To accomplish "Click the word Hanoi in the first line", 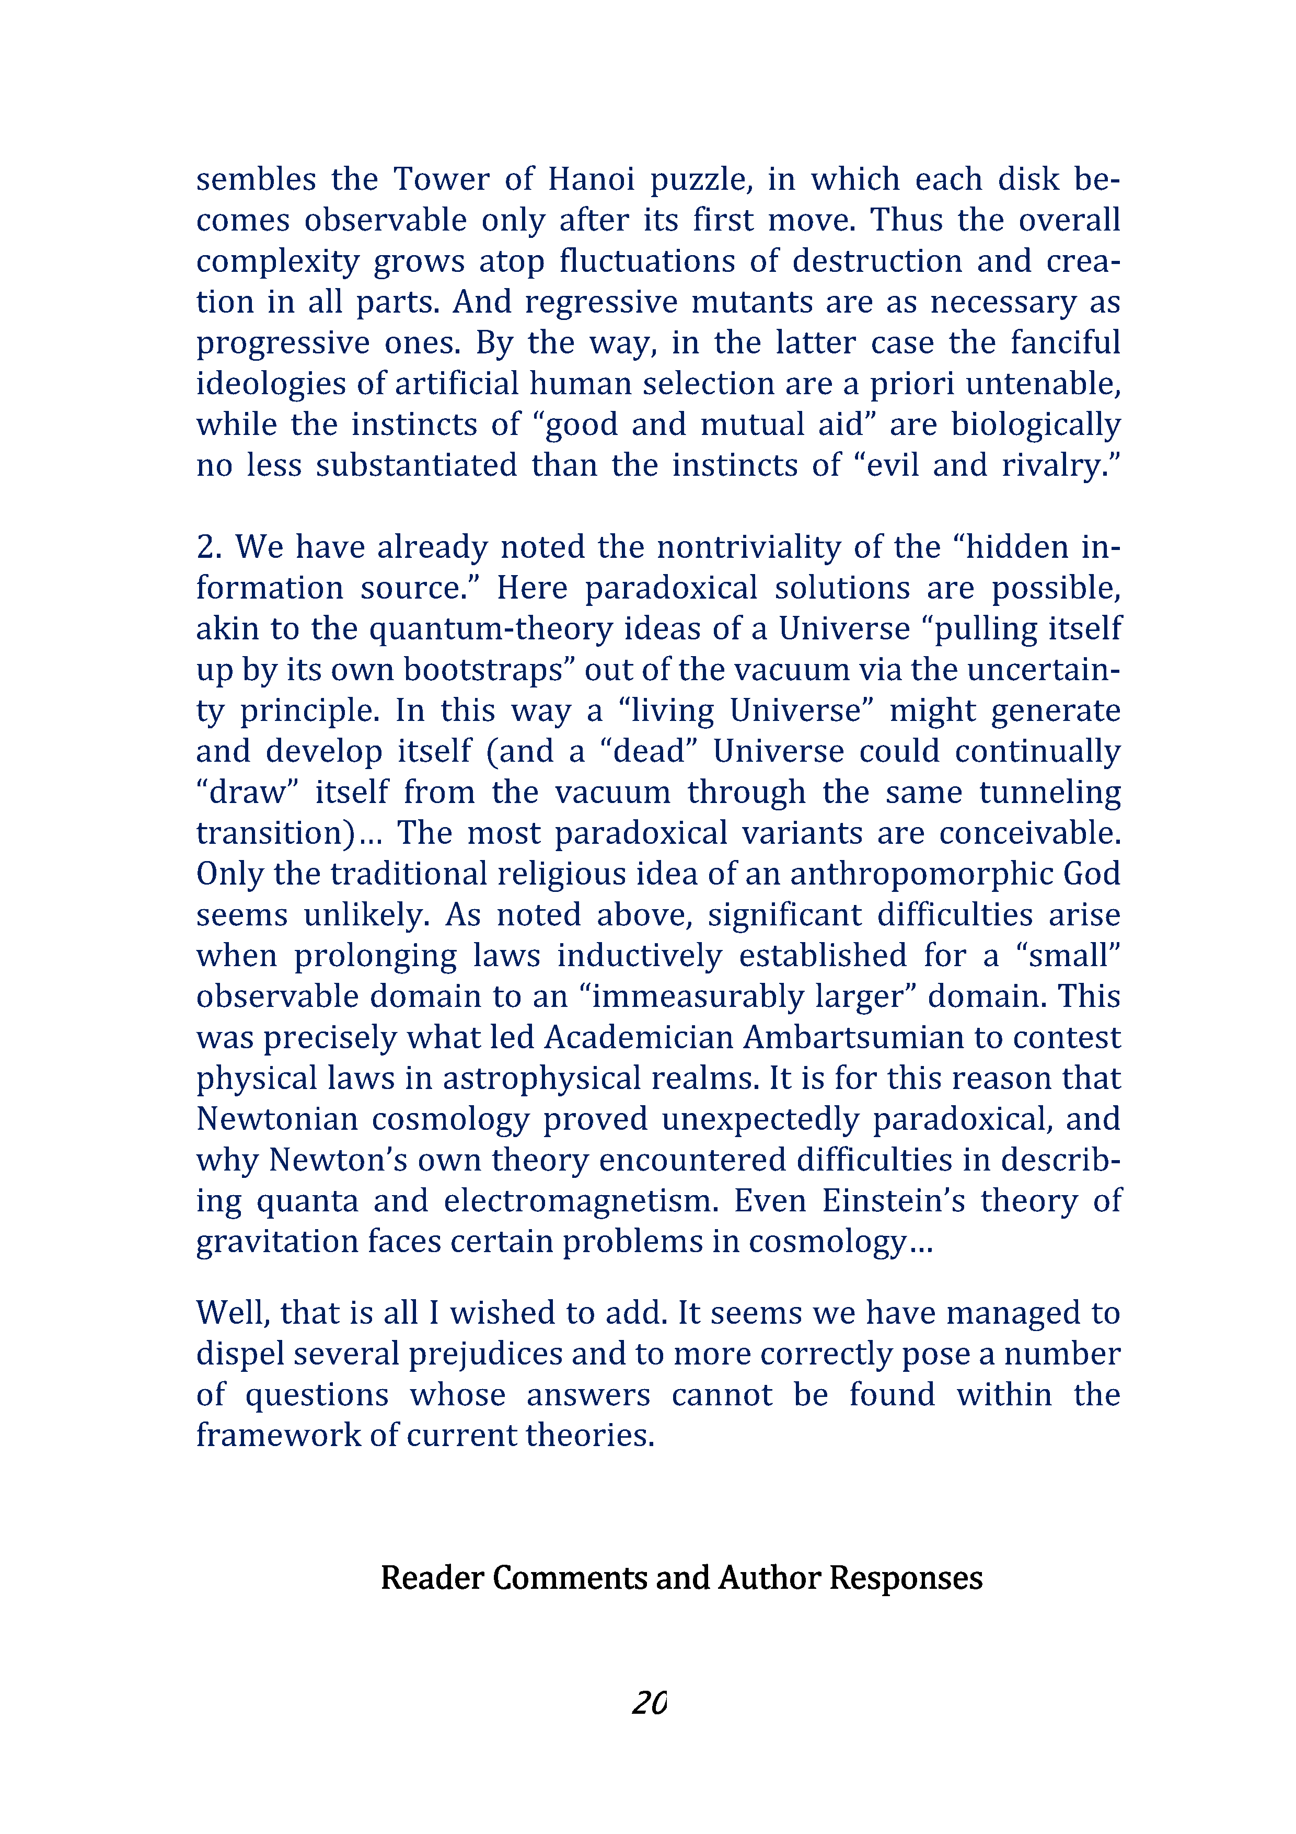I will pos(591,179).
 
